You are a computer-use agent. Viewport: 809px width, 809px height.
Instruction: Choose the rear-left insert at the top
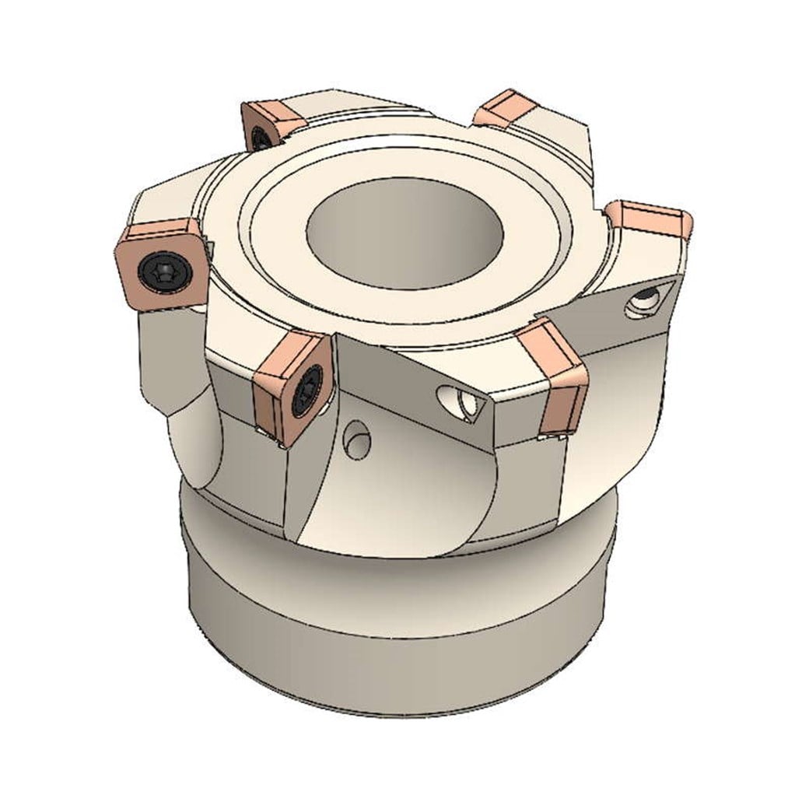272,124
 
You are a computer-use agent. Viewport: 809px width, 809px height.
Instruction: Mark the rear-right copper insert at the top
506,109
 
